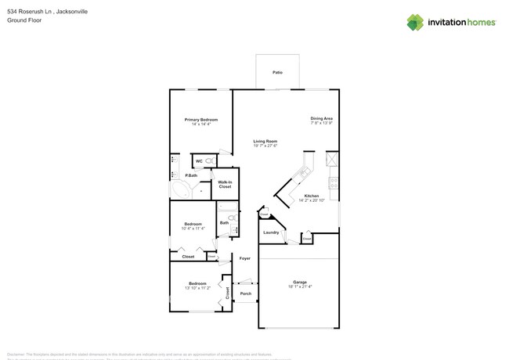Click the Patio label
point(277,72)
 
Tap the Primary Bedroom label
point(201,120)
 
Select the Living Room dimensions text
point(265,146)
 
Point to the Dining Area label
point(321,119)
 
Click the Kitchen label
point(311,196)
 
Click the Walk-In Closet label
point(225,184)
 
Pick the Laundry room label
point(271,232)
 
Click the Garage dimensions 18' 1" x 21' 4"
point(300,287)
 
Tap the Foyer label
point(245,257)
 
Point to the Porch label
point(245,294)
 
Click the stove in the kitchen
point(334,184)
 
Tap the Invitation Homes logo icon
point(415,23)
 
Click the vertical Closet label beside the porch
point(227,293)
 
